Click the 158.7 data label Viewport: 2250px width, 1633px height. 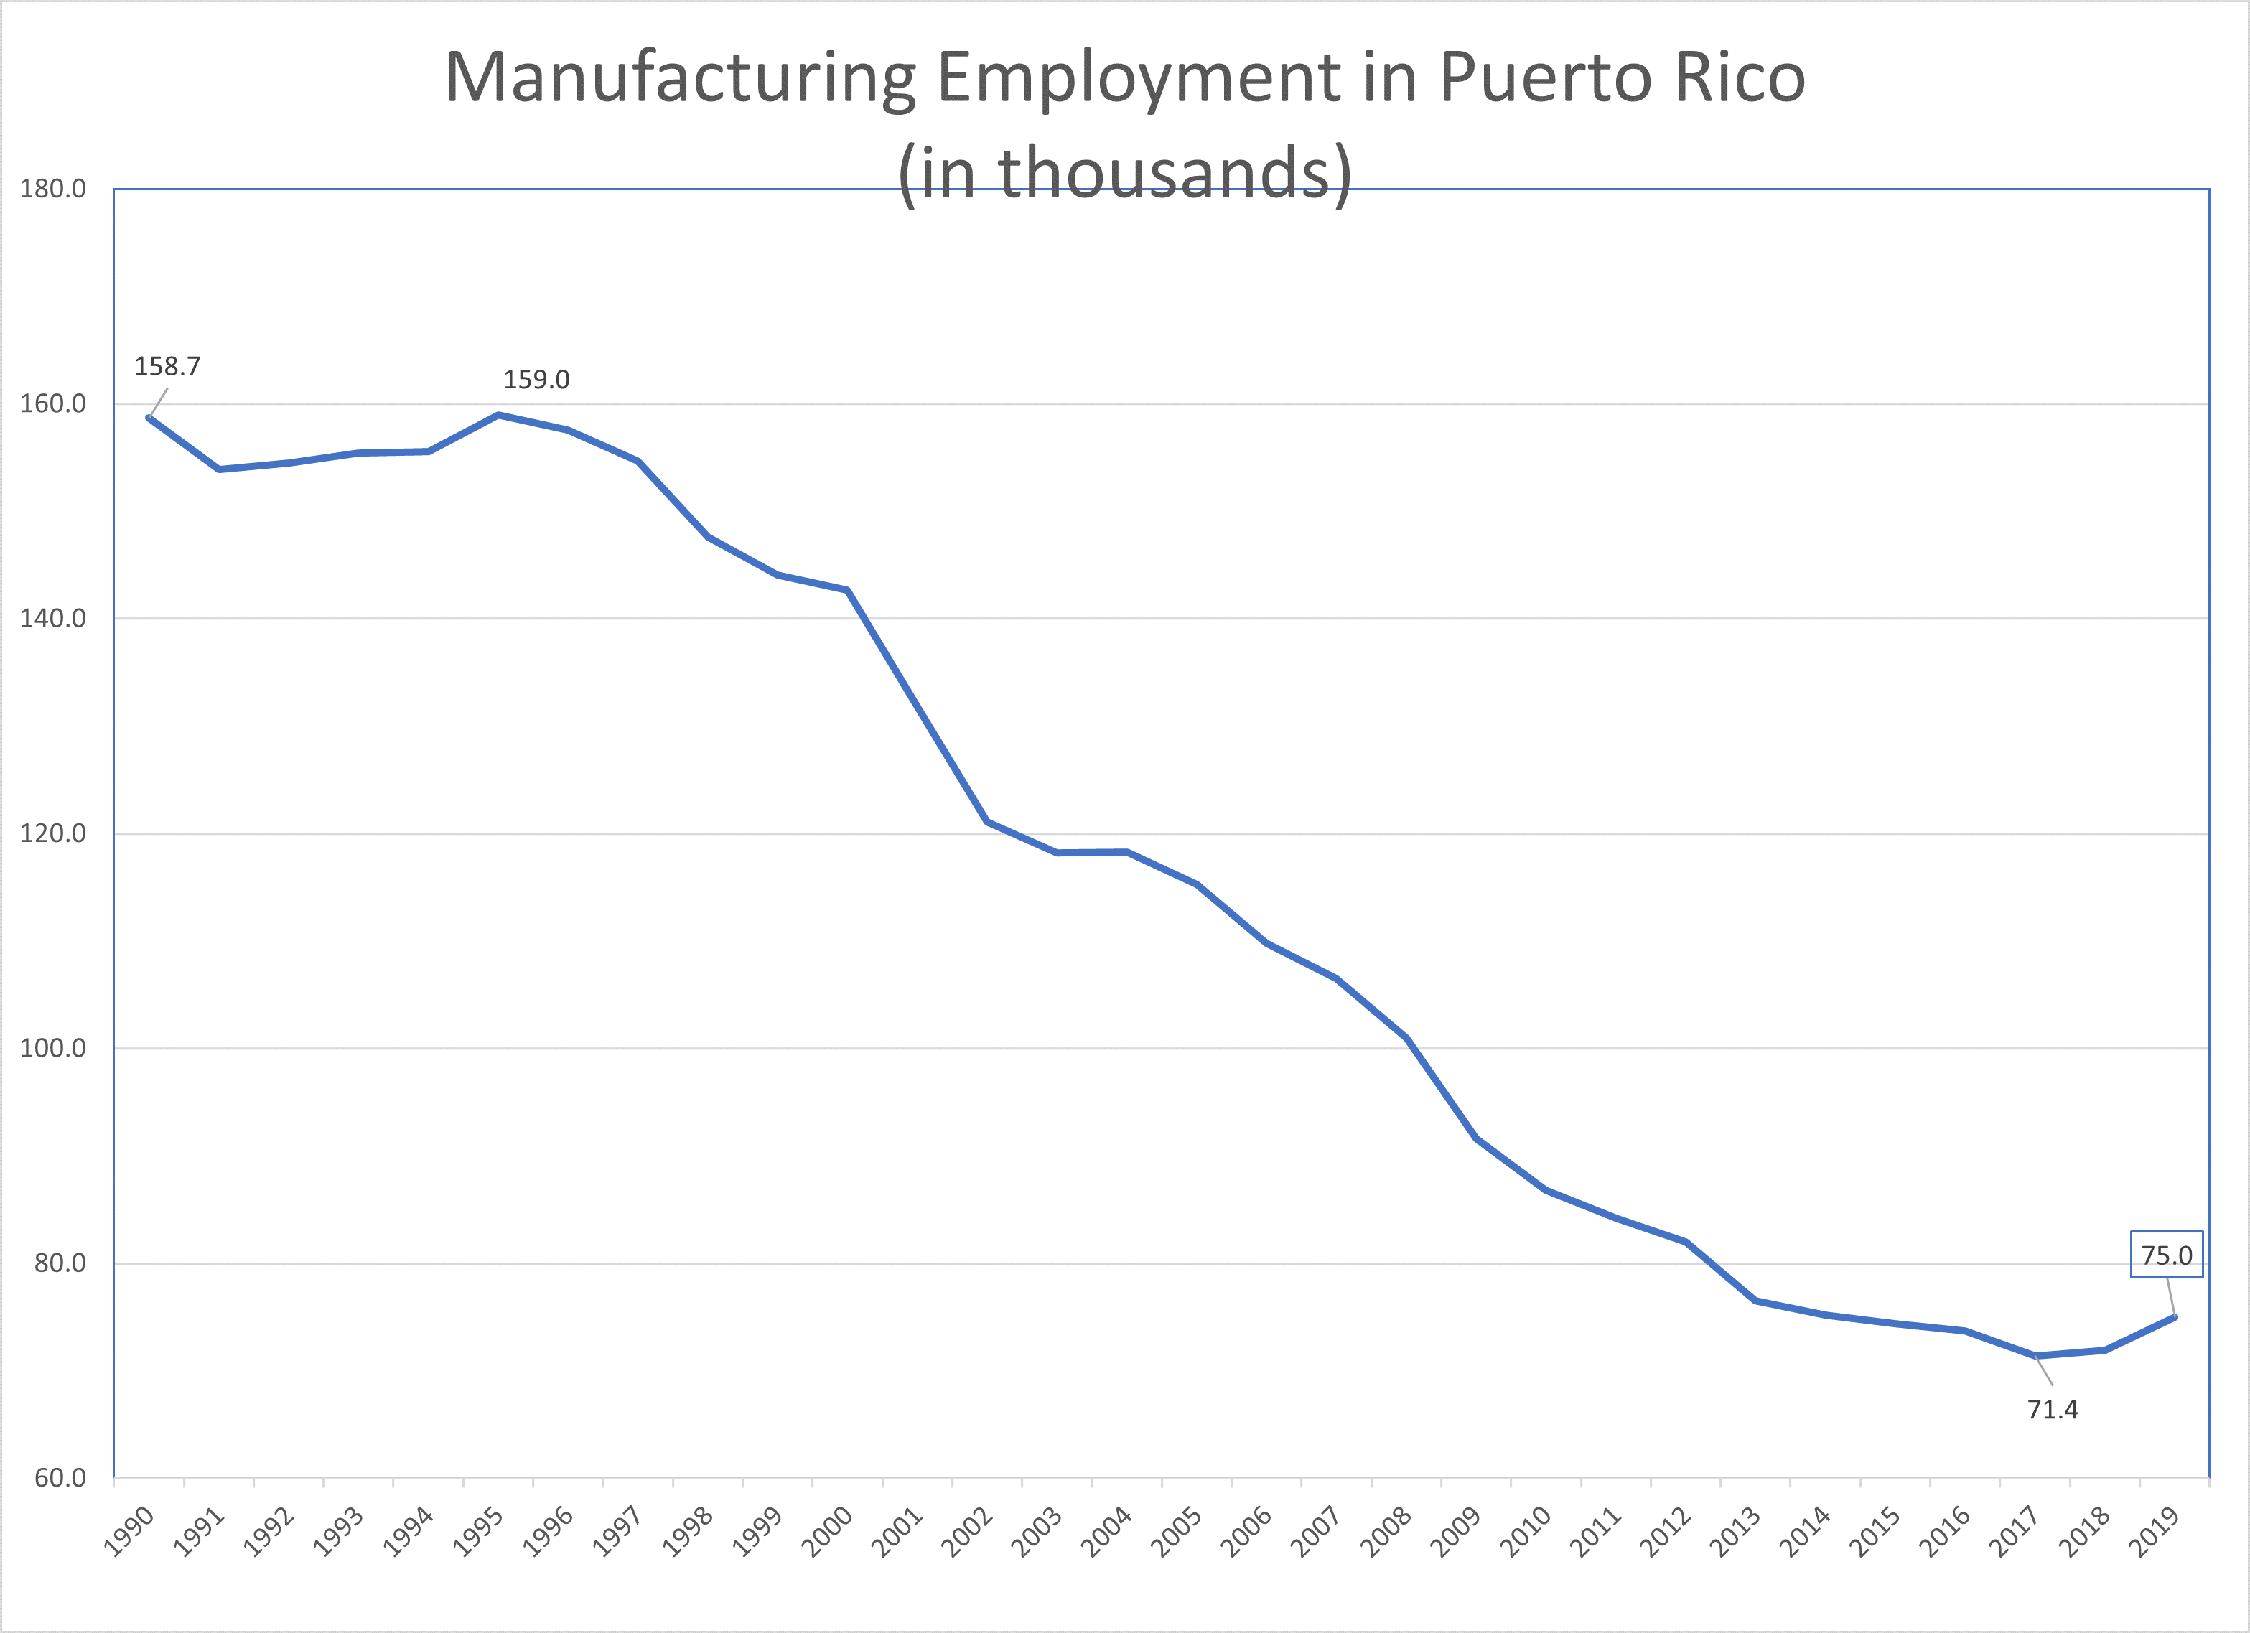tap(167, 367)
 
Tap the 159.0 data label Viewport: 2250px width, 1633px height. tap(536, 380)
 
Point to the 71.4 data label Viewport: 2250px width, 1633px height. tap(2053, 1410)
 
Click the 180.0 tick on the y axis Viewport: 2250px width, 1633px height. tap(52, 189)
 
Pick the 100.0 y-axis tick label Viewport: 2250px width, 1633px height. tap(52, 1049)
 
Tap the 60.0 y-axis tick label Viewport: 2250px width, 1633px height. tap(60, 1478)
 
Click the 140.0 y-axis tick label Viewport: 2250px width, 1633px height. tap(52, 619)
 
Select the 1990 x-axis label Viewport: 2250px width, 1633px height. tap(130, 1531)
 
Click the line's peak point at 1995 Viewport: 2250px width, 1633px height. tap(498, 415)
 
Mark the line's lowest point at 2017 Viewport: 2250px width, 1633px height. tap(2036, 1355)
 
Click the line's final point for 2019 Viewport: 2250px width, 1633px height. tap(2175, 1317)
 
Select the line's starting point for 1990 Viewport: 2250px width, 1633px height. tap(149, 418)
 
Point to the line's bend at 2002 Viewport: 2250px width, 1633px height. tap(987, 821)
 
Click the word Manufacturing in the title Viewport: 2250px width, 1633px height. tap(680, 78)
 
